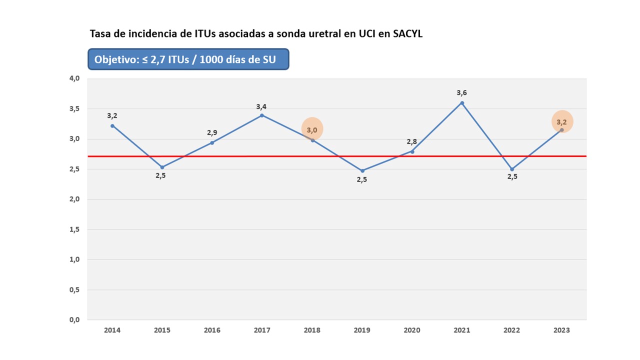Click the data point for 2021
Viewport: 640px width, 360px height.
click(x=462, y=103)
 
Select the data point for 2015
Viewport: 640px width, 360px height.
click(x=162, y=167)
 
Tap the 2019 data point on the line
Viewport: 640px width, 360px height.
click(x=362, y=170)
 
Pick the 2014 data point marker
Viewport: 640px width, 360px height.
click(x=112, y=125)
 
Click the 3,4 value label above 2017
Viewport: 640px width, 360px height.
click(x=261, y=106)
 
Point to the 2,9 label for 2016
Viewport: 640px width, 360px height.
click(x=212, y=132)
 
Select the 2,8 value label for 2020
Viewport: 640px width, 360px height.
click(x=412, y=141)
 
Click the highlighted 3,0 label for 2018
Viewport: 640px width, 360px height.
click(x=312, y=130)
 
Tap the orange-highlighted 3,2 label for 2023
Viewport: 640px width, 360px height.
click(x=562, y=122)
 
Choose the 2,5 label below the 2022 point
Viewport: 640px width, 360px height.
click(x=512, y=176)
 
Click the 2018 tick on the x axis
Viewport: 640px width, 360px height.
click(x=312, y=330)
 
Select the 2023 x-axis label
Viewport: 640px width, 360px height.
click(x=561, y=330)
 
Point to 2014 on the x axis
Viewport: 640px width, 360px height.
click(x=112, y=330)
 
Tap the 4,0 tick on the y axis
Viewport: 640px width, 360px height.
click(x=74, y=78)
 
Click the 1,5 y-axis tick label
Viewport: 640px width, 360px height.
click(x=74, y=229)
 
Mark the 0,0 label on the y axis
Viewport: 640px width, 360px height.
click(x=74, y=320)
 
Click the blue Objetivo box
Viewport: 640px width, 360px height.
click(x=188, y=59)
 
